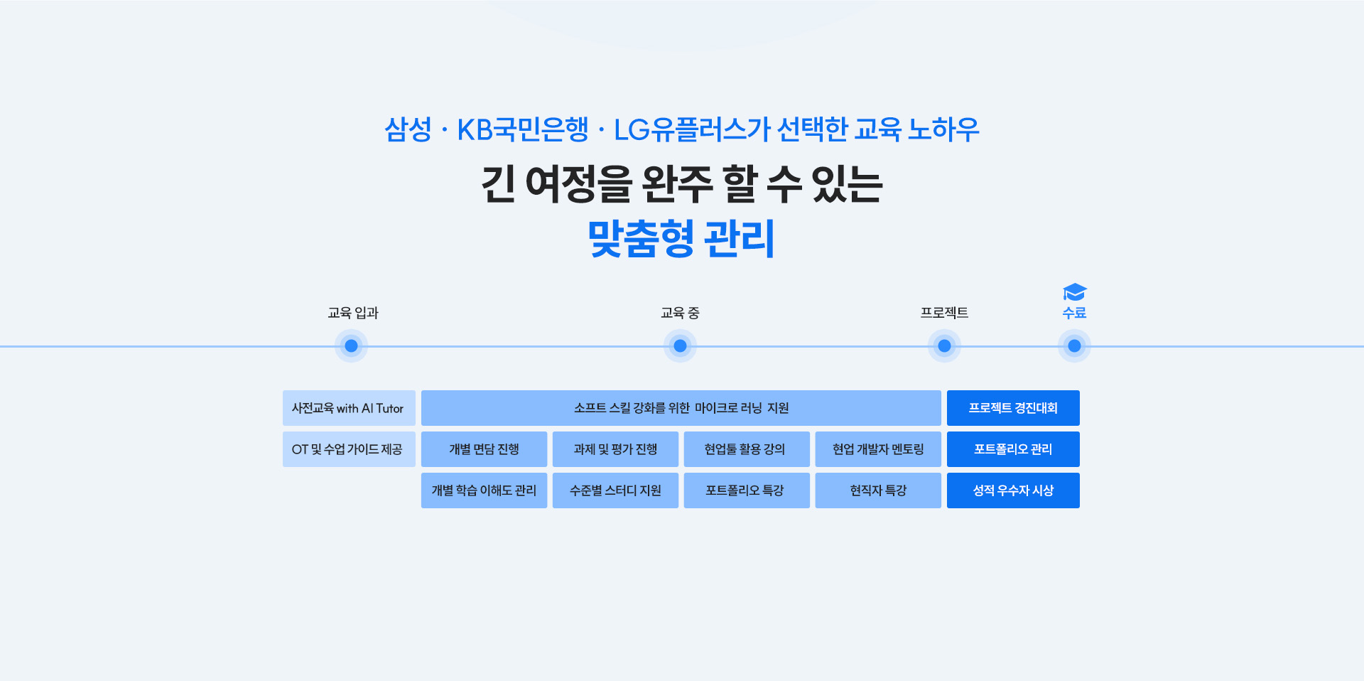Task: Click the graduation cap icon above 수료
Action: pos(1074,292)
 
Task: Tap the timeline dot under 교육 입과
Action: pos(351,346)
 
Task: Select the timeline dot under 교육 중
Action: pos(680,346)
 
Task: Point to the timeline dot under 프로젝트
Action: pos(944,346)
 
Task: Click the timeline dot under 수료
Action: pos(1074,346)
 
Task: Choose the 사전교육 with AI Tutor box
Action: pos(349,408)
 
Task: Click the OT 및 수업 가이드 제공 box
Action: pos(349,449)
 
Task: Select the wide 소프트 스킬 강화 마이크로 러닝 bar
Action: pos(681,408)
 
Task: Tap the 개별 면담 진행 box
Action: pos(484,449)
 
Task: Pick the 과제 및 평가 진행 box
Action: pos(615,449)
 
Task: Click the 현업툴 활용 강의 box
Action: pos(747,449)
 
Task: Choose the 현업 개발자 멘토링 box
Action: pos(878,449)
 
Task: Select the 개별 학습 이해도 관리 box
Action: pos(484,490)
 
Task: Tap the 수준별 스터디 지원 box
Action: pos(615,490)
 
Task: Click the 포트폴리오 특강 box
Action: pos(747,490)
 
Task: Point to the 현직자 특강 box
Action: pos(878,490)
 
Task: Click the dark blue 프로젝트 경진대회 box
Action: pos(1013,408)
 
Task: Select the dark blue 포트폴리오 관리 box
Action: pos(1013,449)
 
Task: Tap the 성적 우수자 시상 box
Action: pos(1013,490)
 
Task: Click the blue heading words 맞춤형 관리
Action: pos(681,238)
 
